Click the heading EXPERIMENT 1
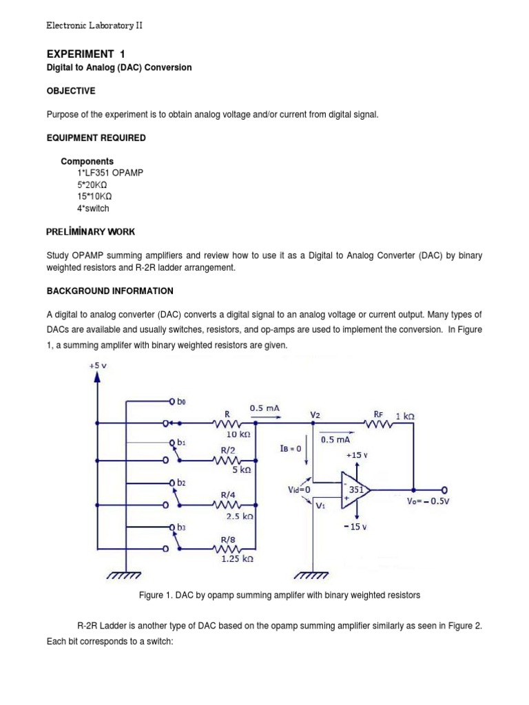[85, 54]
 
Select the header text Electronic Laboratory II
[94, 25]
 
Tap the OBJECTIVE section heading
[70, 91]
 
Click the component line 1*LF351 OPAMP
[110, 173]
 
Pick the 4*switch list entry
[93, 208]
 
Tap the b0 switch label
[181, 401]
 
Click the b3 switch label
[181, 527]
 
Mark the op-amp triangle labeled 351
[354, 490]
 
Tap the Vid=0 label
[299, 490]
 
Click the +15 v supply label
[357, 455]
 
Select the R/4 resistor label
[227, 494]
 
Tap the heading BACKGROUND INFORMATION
[110, 291]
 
